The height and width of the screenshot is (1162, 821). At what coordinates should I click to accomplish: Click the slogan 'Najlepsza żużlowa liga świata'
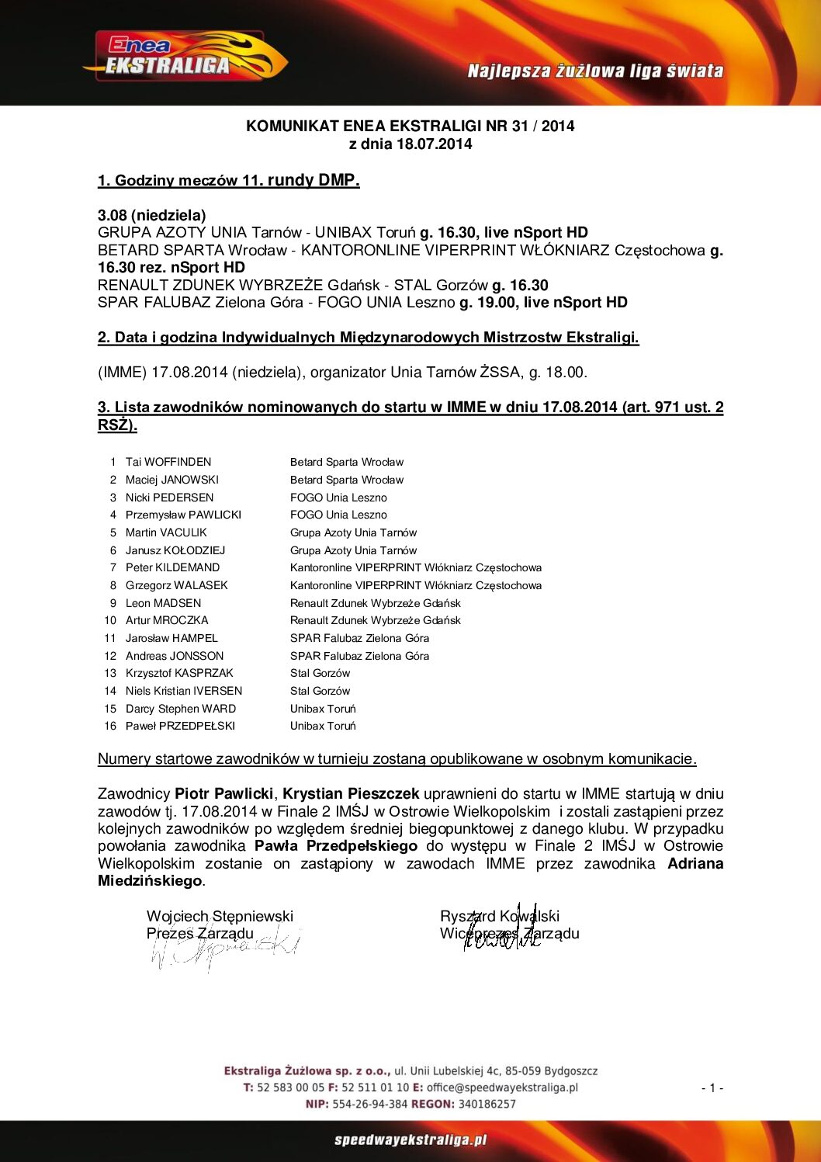595,71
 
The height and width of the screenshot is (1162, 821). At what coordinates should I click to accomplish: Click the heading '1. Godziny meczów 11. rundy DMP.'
228,181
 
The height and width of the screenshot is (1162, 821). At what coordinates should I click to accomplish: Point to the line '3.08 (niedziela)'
152,215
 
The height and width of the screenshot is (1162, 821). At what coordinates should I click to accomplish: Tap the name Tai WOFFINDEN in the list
168,462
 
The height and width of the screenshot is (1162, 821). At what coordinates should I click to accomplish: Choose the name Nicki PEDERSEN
169,498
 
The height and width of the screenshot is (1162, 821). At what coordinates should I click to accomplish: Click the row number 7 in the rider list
113,567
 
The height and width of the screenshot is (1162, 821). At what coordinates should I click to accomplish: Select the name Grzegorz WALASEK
177,585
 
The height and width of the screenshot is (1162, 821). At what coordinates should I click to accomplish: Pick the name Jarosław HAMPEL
171,638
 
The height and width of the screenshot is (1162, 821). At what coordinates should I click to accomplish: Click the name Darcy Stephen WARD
181,709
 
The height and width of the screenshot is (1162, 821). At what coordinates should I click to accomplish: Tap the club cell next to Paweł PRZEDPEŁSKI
323,726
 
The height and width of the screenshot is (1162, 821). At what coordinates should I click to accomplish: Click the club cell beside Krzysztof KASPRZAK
320,673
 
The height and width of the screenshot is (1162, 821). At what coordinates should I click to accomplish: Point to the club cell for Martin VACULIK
353,532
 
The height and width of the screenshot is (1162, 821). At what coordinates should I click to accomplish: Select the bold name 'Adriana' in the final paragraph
695,863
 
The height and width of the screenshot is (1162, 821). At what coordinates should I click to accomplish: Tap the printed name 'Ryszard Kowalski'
499,916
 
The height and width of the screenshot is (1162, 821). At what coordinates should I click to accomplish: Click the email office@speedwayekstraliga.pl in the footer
502,1087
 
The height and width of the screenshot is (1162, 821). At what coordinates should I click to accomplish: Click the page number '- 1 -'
712,1088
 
